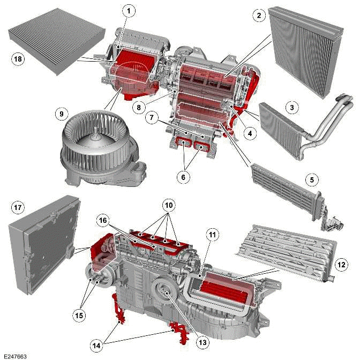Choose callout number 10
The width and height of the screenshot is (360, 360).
pos(169,206)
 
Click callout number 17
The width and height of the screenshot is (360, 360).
pos(17,206)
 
